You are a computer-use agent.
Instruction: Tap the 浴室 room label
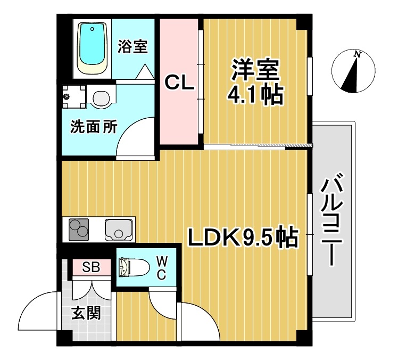pyautogui.click(x=132, y=47)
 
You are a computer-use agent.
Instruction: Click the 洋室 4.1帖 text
pyautogui.click(x=254, y=83)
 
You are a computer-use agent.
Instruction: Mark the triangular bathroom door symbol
pyautogui.click(x=144, y=72)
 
